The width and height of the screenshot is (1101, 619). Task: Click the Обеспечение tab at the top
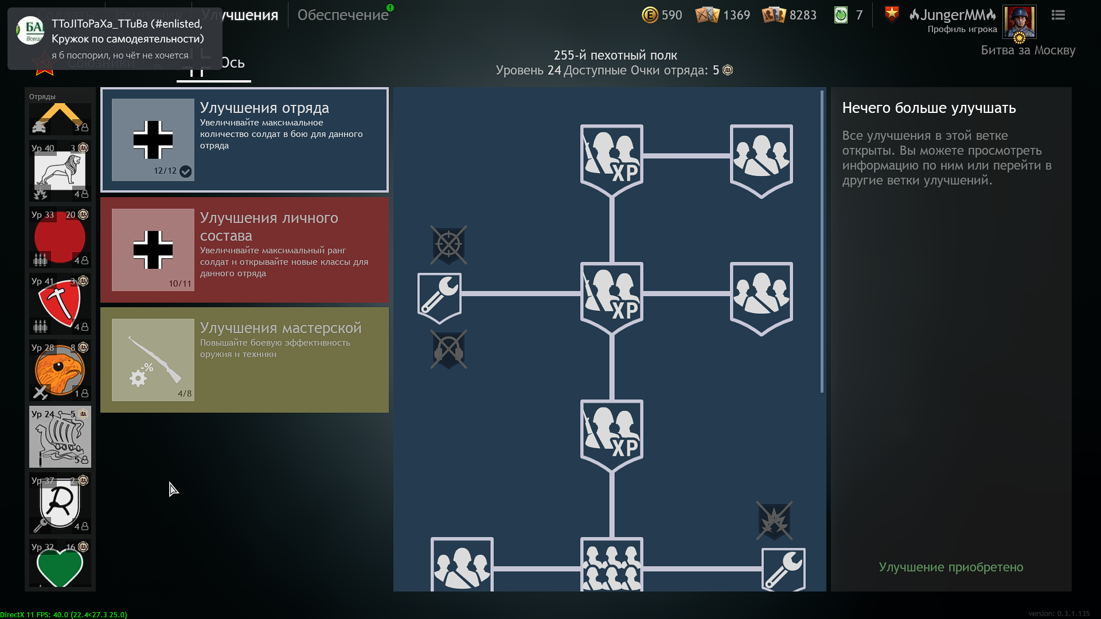pyautogui.click(x=342, y=15)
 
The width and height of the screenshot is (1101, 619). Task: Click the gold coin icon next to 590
pyautogui.click(x=650, y=15)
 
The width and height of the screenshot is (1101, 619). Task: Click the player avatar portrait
pyautogui.click(x=1019, y=21)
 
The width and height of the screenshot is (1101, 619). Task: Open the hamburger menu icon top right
pyautogui.click(x=1058, y=15)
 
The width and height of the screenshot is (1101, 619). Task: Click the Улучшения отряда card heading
pyautogui.click(x=264, y=108)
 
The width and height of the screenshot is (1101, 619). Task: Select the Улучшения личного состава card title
pyautogui.click(x=268, y=226)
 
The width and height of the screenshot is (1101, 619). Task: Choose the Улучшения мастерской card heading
pyautogui.click(x=280, y=328)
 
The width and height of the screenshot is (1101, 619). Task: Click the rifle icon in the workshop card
pyautogui.click(x=153, y=359)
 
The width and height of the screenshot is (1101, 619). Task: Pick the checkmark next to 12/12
pyautogui.click(x=185, y=171)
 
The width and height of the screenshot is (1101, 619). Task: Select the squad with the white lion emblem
pyautogui.click(x=60, y=171)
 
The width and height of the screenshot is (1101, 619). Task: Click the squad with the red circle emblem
pyautogui.click(x=60, y=237)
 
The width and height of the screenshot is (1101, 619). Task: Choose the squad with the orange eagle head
pyautogui.click(x=60, y=370)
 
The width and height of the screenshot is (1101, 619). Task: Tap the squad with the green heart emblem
pyautogui.click(x=60, y=565)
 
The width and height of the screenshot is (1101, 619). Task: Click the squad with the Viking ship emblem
pyautogui.click(x=60, y=437)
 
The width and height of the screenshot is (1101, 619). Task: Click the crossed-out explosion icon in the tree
pyautogui.click(x=774, y=521)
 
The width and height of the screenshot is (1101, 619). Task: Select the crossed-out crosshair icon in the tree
pyautogui.click(x=448, y=245)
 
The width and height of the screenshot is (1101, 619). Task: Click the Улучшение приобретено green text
pyautogui.click(x=951, y=567)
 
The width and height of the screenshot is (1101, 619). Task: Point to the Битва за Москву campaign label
pyautogui.click(x=1028, y=50)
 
